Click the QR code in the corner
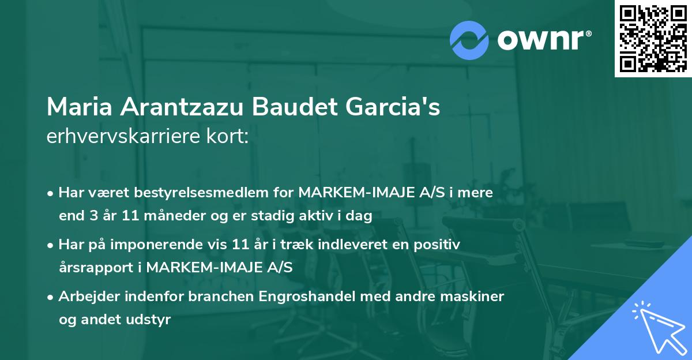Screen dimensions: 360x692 653,39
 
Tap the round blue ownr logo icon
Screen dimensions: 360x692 470,40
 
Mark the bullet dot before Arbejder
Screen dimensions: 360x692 51,297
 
